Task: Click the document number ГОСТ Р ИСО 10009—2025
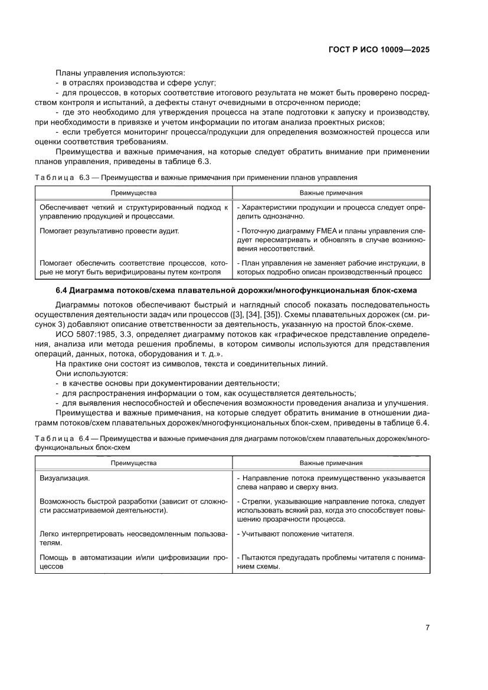coord(378,50)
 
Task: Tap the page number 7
coord(427,628)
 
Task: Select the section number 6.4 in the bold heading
coord(63,290)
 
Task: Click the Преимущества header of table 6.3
coord(134,193)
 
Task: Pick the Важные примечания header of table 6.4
coord(331,463)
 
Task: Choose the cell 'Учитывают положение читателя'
coord(295,534)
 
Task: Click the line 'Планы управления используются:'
coord(120,73)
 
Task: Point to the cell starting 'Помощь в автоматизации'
coord(133,562)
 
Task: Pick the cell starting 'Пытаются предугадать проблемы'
coord(330,562)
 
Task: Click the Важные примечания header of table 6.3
coord(331,193)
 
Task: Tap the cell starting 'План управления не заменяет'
coord(330,267)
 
